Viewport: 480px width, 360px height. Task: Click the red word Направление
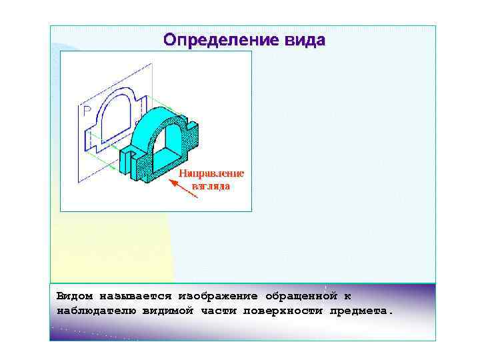coord(211,173)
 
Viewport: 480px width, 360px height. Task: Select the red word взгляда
coord(211,186)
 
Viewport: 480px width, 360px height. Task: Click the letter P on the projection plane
coord(87,111)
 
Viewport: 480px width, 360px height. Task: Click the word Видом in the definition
coord(75,295)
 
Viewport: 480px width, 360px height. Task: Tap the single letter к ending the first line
coord(347,295)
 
